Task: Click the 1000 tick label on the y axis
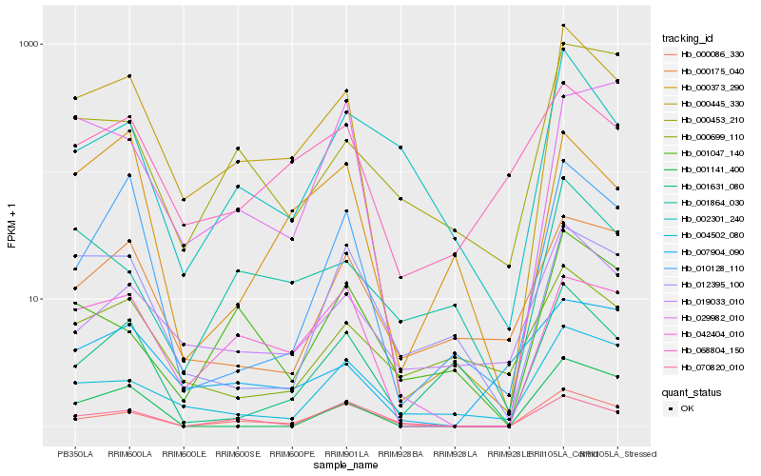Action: pos(48,44)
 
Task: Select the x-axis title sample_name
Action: pos(346,466)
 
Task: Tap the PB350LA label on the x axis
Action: pos(75,454)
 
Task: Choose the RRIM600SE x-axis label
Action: pos(238,454)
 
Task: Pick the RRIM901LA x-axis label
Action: pos(346,454)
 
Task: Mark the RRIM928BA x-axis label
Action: pos(400,454)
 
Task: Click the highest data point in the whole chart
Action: pos(563,26)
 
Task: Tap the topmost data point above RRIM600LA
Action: pos(129,76)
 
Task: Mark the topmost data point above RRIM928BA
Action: pos(400,148)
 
